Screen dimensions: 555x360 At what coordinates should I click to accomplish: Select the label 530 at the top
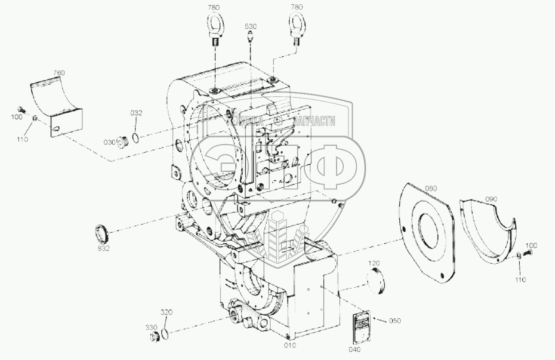250,26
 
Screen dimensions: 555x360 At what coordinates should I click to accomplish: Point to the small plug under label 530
250,38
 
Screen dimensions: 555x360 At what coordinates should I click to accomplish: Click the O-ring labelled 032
136,137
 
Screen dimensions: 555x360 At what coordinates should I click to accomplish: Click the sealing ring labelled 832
102,234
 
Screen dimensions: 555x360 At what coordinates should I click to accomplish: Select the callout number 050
395,321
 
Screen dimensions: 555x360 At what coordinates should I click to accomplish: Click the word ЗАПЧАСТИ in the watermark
314,122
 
